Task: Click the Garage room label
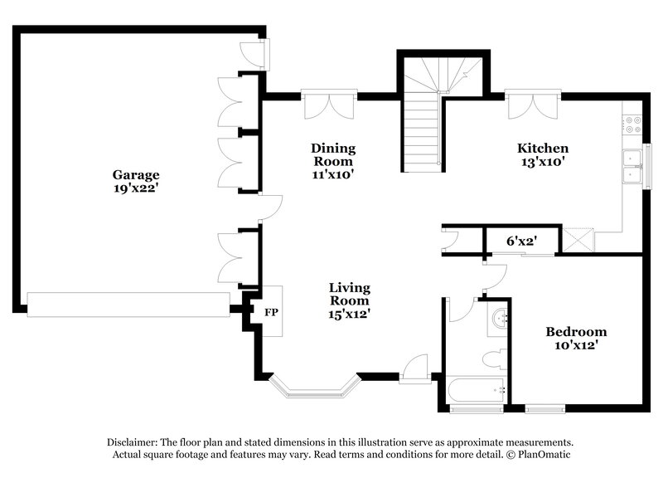pos(136,175)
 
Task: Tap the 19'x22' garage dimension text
pos(136,189)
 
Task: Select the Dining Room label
pos(333,148)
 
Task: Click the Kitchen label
pos(543,148)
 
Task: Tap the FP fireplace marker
pos(270,313)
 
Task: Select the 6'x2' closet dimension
pos(521,242)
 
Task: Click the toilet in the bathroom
pos(495,359)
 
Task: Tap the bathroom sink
pos(498,320)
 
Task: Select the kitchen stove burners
pos(632,124)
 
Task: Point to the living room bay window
pos(314,385)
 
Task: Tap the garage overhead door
pos(128,305)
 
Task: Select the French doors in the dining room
pos(329,105)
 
